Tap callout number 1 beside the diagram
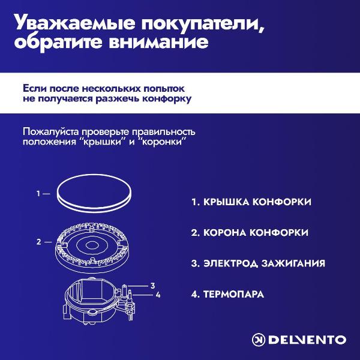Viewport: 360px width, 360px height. click(38, 194)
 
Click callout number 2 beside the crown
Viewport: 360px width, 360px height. click(38, 242)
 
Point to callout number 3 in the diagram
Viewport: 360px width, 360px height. click(153, 285)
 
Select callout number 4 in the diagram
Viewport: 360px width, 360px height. click(158, 295)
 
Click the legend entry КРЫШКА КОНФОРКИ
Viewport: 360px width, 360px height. click(251, 202)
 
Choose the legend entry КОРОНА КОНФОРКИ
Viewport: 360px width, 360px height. click(250, 232)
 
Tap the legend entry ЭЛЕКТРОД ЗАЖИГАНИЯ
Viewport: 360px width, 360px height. click(258, 263)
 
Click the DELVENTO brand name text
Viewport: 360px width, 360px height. click(307, 340)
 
